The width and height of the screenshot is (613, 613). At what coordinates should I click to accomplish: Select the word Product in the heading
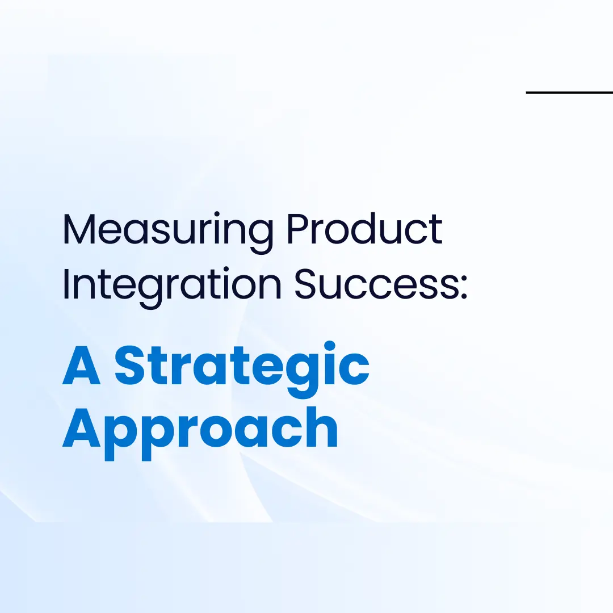(x=364, y=229)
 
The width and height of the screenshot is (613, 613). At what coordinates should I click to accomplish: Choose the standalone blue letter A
(x=82, y=366)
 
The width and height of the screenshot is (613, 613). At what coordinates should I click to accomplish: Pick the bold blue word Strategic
(x=242, y=367)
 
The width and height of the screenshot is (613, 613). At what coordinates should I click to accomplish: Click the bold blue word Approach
(x=200, y=428)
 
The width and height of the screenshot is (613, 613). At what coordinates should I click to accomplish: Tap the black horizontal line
(x=569, y=92)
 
